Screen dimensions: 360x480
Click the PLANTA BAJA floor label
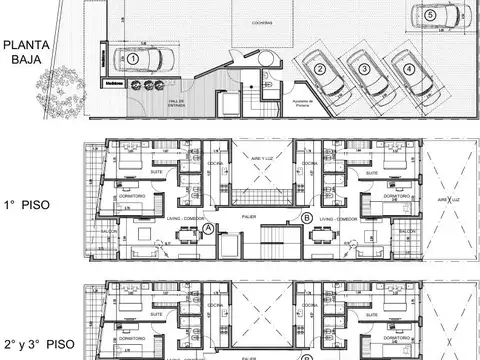(25, 52)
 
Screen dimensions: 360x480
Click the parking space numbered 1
(132, 59)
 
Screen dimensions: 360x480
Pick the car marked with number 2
(319, 69)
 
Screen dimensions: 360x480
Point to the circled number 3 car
(365, 69)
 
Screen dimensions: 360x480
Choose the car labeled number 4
(409, 69)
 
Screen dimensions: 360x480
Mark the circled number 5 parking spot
(429, 15)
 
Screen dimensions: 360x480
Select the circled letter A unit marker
(207, 229)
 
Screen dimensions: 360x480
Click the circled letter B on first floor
(305, 217)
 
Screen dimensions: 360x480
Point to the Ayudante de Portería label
(299, 103)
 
